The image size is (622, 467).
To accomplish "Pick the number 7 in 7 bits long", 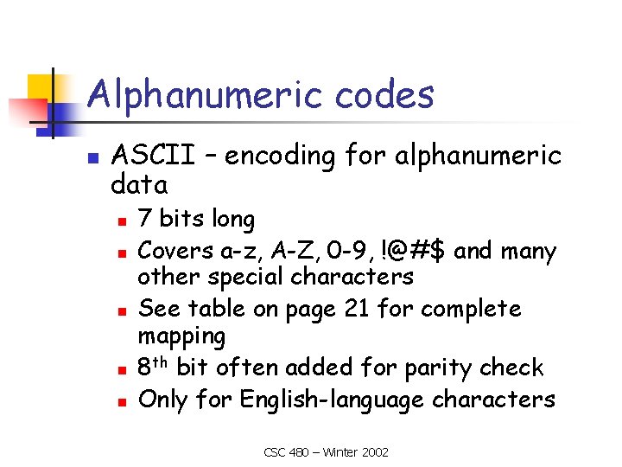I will (145, 220).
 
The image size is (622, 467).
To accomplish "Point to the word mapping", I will (181, 336).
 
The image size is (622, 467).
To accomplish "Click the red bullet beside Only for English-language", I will (123, 401).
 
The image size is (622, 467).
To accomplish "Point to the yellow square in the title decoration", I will (41, 87).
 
